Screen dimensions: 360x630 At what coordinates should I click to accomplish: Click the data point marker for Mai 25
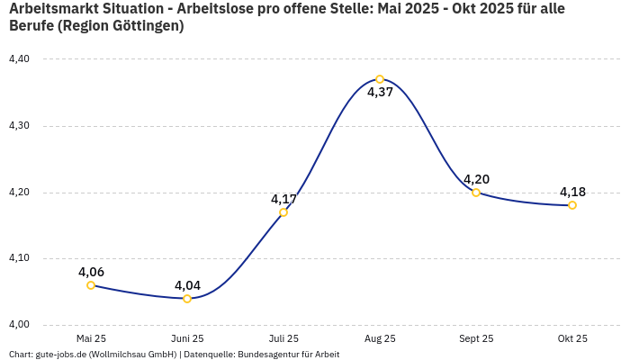pyautogui.click(x=91, y=285)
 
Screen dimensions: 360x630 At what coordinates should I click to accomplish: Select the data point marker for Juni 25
pyautogui.click(x=187, y=299)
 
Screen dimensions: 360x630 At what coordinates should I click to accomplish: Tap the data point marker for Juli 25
pyautogui.click(x=283, y=212)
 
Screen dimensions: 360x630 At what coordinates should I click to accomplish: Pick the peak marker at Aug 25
pyautogui.click(x=380, y=79)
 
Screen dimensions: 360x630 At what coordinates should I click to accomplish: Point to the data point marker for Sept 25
pyautogui.click(x=476, y=193)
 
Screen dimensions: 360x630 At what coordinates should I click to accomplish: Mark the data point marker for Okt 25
pyautogui.click(x=572, y=205)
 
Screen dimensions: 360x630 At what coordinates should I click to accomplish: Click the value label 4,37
pyautogui.click(x=380, y=92)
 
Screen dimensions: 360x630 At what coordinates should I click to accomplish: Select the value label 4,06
pyautogui.click(x=91, y=272)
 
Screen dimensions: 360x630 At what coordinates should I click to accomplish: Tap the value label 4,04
pyautogui.click(x=187, y=285)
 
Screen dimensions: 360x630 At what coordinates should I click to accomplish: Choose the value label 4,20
pyautogui.click(x=476, y=179)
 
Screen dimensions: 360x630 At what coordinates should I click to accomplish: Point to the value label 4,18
pyautogui.click(x=572, y=192)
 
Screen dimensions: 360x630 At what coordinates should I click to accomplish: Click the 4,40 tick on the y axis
pyautogui.click(x=19, y=59)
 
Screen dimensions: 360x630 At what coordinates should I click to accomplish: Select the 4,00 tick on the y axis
pyautogui.click(x=19, y=325)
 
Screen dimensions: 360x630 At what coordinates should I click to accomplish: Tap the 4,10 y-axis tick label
pyautogui.click(x=19, y=258)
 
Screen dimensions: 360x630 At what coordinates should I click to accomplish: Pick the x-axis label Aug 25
pyautogui.click(x=380, y=339)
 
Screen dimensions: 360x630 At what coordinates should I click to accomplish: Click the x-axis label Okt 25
pyautogui.click(x=572, y=339)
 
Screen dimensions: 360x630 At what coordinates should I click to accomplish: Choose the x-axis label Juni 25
pyautogui.click(x=187, y=339)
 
